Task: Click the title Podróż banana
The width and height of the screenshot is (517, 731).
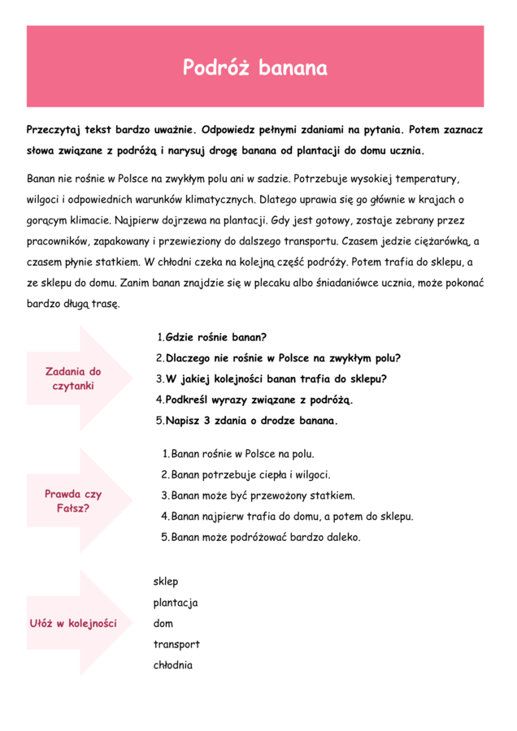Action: [x=254, y=67]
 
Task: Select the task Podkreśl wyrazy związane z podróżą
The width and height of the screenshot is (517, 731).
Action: [x=259, y=400]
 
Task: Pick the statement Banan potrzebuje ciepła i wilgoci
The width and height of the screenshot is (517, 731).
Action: [x=250, y=475]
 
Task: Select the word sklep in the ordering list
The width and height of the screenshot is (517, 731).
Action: [x=165, y=582]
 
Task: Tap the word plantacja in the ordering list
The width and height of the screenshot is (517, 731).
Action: [x=175, y=603]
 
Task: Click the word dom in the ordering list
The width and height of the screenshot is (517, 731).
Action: [x=163, y=624]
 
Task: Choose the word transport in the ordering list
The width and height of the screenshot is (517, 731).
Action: [x=176, y=645]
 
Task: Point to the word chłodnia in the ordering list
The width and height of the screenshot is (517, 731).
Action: [x=172, y=666]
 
